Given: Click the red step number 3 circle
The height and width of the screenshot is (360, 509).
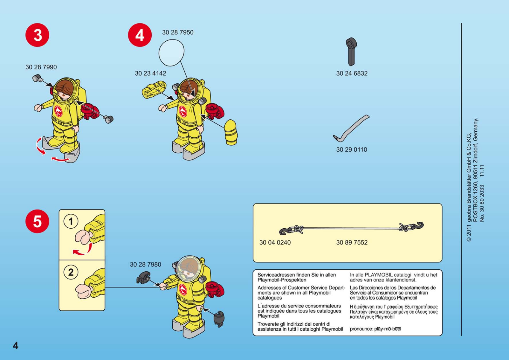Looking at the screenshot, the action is tap(37, 35).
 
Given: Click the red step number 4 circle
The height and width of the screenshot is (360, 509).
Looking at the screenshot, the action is tap(140, 35).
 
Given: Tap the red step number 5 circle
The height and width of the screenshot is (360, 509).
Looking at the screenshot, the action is tap(37, 221).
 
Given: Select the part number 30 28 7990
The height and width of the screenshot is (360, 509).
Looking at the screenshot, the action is tap(41, 67).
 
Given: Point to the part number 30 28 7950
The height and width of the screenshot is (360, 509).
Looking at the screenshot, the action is tap(178, 32).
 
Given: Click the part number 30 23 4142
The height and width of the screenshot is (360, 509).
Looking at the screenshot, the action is tap(150, 73).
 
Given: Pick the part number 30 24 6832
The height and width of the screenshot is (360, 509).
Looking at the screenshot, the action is tap(352, 73).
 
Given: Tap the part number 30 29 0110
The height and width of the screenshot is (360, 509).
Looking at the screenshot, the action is tap(352, 149).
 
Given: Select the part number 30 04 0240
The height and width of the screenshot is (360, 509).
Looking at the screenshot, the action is tap(275, 243).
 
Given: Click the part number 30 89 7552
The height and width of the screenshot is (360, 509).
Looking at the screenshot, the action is tap(352, 243).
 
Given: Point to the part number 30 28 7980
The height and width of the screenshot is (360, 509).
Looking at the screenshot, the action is tap(145, 264).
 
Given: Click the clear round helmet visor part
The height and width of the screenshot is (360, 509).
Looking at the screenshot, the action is tap(171, 52).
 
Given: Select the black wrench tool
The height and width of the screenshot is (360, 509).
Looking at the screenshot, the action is tap(351, 52).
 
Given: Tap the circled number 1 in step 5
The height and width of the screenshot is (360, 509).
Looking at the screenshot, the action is tap(71, 221).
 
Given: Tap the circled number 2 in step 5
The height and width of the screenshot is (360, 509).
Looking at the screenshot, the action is tap(71, 272).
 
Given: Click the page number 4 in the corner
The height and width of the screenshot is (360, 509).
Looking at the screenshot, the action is tap(16, 346).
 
